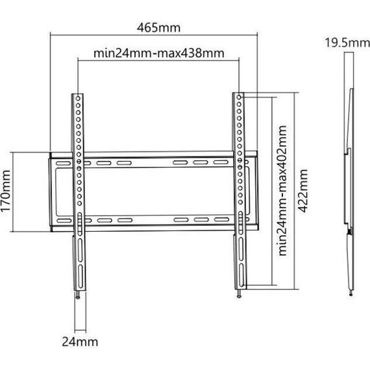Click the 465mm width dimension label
158,28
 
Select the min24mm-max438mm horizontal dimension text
159,53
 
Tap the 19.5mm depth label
347,43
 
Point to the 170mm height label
6,191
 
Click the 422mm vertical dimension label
302,191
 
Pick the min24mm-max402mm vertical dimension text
282,191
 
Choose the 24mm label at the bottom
80,341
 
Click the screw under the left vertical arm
78,295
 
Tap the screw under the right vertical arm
240,293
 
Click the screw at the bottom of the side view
351,293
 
